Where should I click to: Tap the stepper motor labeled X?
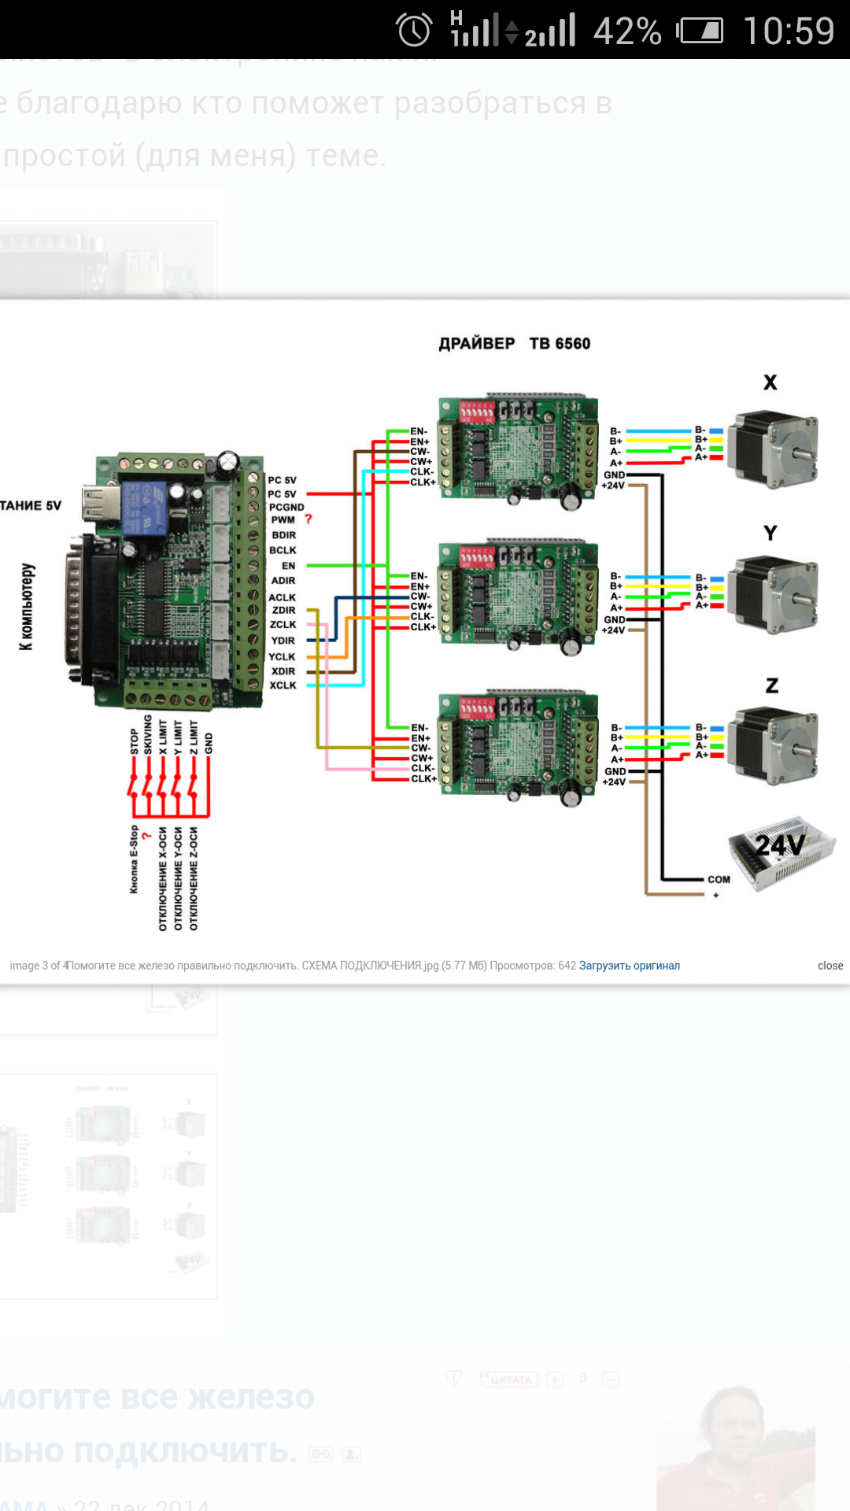(x=773, y=449)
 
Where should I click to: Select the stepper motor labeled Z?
(x=773, y=745)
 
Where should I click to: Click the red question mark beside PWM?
(x=309, y=519)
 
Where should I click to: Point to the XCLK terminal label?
(x=283, y=685)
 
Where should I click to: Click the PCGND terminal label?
(x=286, y=508)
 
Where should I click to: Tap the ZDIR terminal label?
(x=283, y=610)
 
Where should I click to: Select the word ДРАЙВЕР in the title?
(x=477, y=344)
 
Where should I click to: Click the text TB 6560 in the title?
(x=560, y=344)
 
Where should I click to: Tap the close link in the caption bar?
(x=830, y=966)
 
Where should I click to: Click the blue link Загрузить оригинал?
(x=629, y=966)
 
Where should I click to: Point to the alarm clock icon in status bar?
(x=414, y=31)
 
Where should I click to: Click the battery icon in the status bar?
(x=700, y=31)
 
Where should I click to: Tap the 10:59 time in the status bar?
(x=789, y=31)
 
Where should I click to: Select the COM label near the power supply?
(x=719, y=880)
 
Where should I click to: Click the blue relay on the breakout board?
(x=144, y=508)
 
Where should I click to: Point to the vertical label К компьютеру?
(x=27, y=606)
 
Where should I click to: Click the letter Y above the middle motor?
(x=771, y=533)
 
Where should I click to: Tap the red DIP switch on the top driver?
(x=477, y=412)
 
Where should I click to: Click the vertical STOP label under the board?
(x=135, y=741)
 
